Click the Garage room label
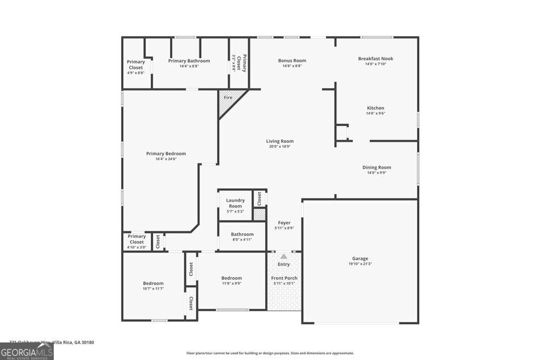[360, 258]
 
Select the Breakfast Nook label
[375, 59]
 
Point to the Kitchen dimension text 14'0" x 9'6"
[375, 113]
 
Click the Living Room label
[279, 141]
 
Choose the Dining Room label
[377, 168]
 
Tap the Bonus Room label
[292, 61]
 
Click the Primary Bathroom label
[189, 61]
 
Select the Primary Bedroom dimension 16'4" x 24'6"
[166, 159]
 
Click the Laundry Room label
[235, 203]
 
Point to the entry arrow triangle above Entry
[284, 256]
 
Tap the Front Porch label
[284, 278]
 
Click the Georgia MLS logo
[27, 352]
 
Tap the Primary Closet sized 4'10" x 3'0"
[137, 241]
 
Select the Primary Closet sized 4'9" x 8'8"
[136, 67]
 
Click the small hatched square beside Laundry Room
[259, 215]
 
